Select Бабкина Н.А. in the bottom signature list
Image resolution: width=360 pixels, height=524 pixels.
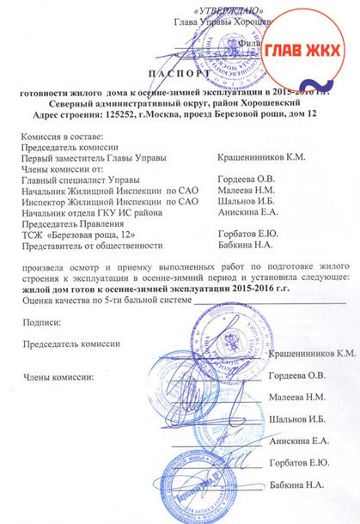298,485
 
